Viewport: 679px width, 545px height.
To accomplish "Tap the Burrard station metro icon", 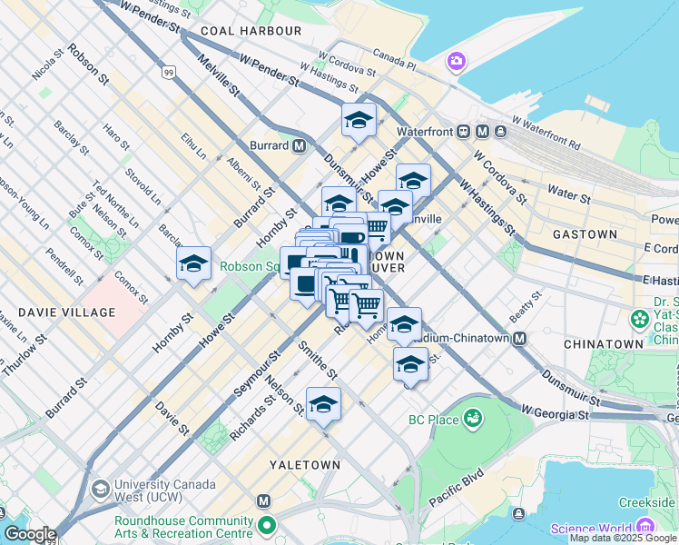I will pos(299,145).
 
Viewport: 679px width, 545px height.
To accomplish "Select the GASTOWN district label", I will pos(585,233).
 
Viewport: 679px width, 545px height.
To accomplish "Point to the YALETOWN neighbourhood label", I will pos(305,464).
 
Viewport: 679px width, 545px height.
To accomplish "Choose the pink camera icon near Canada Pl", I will pos(456,62).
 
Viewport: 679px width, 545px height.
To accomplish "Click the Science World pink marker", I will pos(645,528).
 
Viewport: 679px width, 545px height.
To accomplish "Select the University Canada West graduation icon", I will pos(101,490).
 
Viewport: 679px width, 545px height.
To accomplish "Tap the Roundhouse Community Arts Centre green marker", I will pos(266,525).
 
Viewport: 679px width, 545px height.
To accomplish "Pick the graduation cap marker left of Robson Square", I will pos(193,264).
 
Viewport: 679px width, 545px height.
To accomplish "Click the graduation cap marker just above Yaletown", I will pos(323,404).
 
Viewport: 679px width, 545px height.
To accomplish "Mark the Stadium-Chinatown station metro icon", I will pos(520,339).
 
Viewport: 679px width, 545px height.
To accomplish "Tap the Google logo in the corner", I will pos(29,534).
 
